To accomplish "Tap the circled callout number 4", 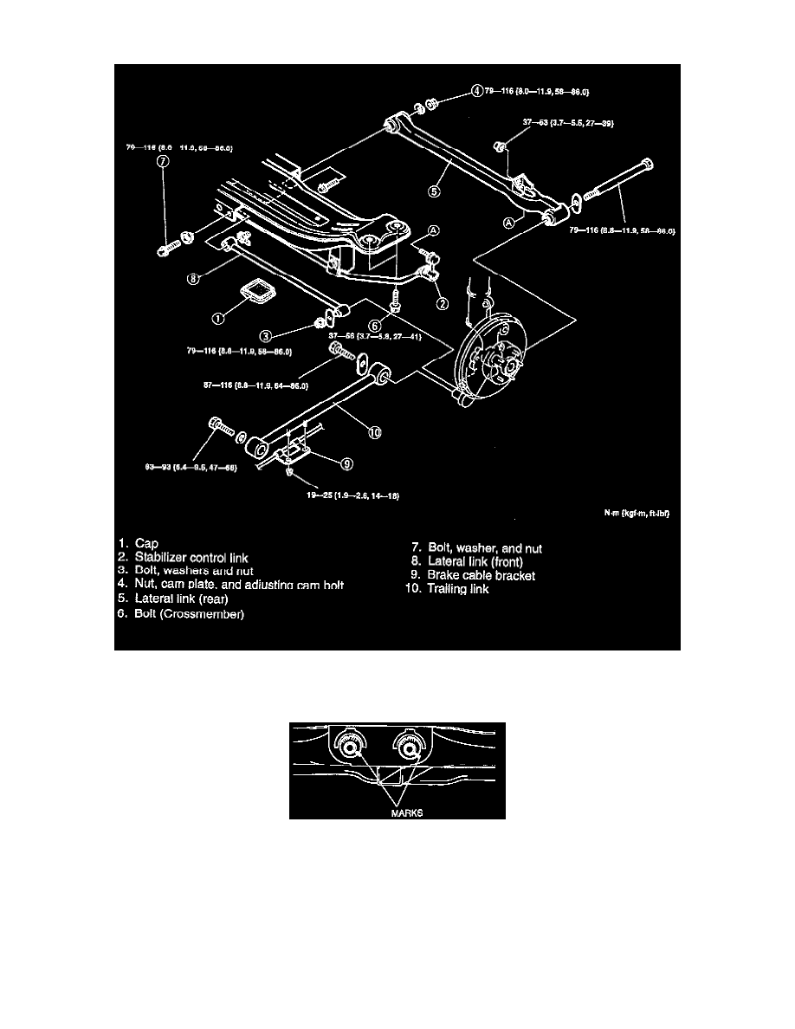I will [476, 90].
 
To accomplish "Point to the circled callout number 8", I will [195, 278].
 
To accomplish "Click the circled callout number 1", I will [219, 318].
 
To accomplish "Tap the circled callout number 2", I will [442, 303].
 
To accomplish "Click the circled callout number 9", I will [346, 463].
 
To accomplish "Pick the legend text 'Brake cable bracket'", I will [482, 575].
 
